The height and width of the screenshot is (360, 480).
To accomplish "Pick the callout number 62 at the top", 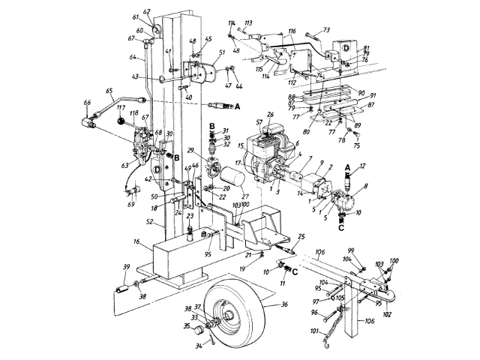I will click(147, 13).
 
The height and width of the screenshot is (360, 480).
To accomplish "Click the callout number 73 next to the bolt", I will click(327, 30).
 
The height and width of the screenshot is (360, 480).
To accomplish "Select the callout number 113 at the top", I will click(248, 24).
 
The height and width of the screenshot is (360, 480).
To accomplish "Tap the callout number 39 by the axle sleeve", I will click(126, 268).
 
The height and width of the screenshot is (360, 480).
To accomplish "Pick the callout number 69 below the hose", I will click(131, 204).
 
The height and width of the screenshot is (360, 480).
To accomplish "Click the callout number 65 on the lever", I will click(109, 91).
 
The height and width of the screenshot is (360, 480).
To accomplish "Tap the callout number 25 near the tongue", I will click(301, 236).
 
